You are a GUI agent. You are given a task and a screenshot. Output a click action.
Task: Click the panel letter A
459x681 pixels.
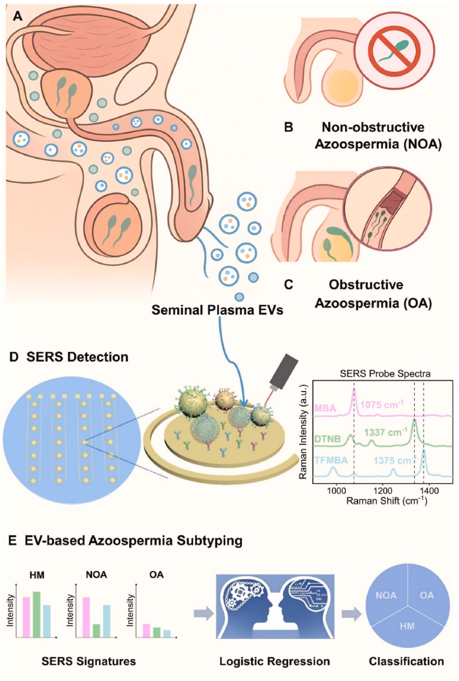coord(18,16)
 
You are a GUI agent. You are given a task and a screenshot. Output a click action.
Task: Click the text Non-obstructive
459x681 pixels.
coord(373,127)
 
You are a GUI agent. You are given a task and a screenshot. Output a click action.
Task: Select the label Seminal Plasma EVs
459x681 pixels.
coord(217,310)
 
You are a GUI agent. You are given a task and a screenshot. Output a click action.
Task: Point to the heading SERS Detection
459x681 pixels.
coord(77,357)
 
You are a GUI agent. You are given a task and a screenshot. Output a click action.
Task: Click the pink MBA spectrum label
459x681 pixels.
coord(325,409)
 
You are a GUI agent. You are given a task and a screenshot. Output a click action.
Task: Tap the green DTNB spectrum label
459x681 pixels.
coord(327,439)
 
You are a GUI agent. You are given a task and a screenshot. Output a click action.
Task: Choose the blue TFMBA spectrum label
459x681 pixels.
coord(331,460)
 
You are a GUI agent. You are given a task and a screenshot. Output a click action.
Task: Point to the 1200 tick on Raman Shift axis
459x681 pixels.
coord(383,491)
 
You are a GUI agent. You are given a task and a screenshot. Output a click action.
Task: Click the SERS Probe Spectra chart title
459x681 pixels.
coord(385,374)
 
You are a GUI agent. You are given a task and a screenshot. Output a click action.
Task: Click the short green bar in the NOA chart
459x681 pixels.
coord(96,631)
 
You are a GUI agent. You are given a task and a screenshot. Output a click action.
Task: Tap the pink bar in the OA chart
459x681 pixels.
coord(146,631)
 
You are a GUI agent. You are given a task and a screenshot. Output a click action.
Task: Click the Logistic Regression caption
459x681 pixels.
coord(274,662)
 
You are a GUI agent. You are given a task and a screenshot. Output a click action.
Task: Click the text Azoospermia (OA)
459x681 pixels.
coord(373,303)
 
